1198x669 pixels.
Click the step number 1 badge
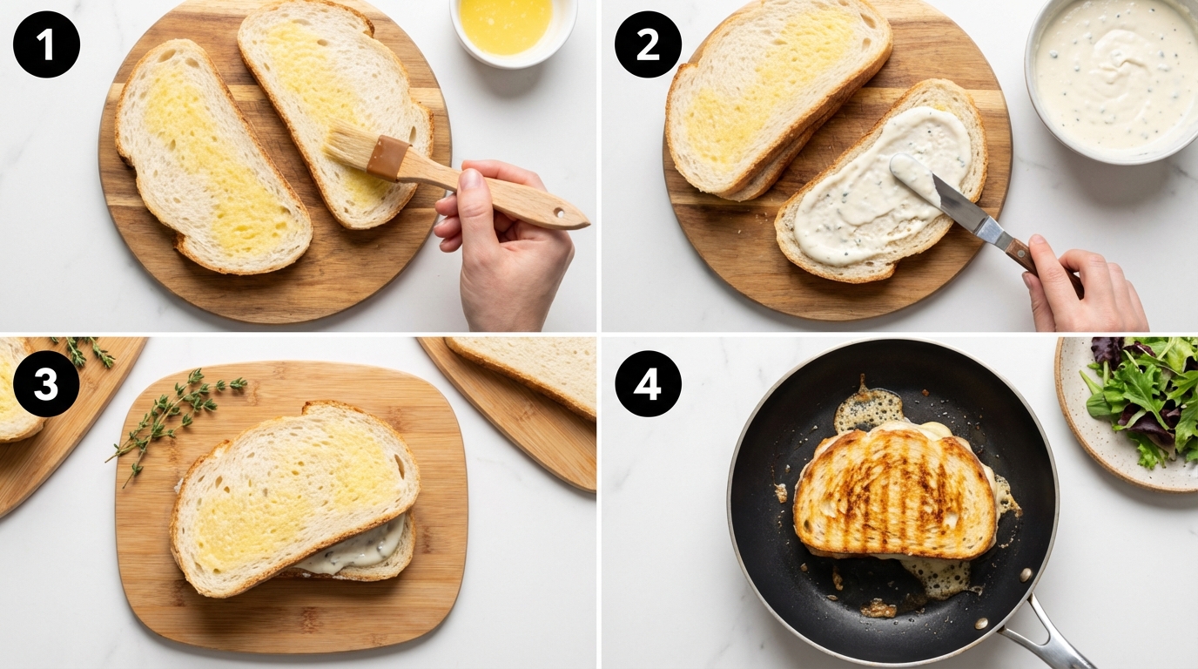(46, 44)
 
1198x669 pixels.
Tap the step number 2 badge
(648, 44)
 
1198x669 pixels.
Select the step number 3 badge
(46, 383)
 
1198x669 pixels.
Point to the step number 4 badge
(648, 383)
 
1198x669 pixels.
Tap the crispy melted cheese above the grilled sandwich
(866, 409)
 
